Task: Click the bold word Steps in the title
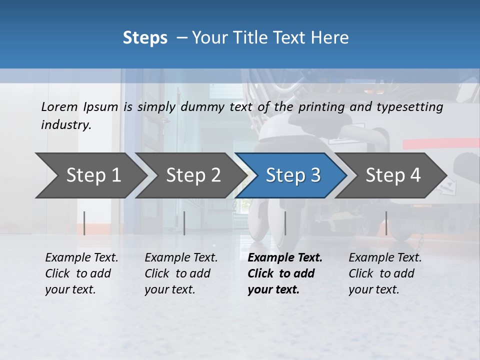145,38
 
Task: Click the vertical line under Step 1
84,223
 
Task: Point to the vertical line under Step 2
184,223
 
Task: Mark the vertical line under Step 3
285,223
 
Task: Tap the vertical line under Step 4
386,223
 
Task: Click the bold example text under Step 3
285,273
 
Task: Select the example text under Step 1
81,273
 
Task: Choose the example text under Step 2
181,273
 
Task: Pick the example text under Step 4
385,273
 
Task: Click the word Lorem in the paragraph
59,106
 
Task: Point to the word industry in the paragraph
66,125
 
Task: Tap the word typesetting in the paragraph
413,107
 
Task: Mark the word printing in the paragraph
321,107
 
